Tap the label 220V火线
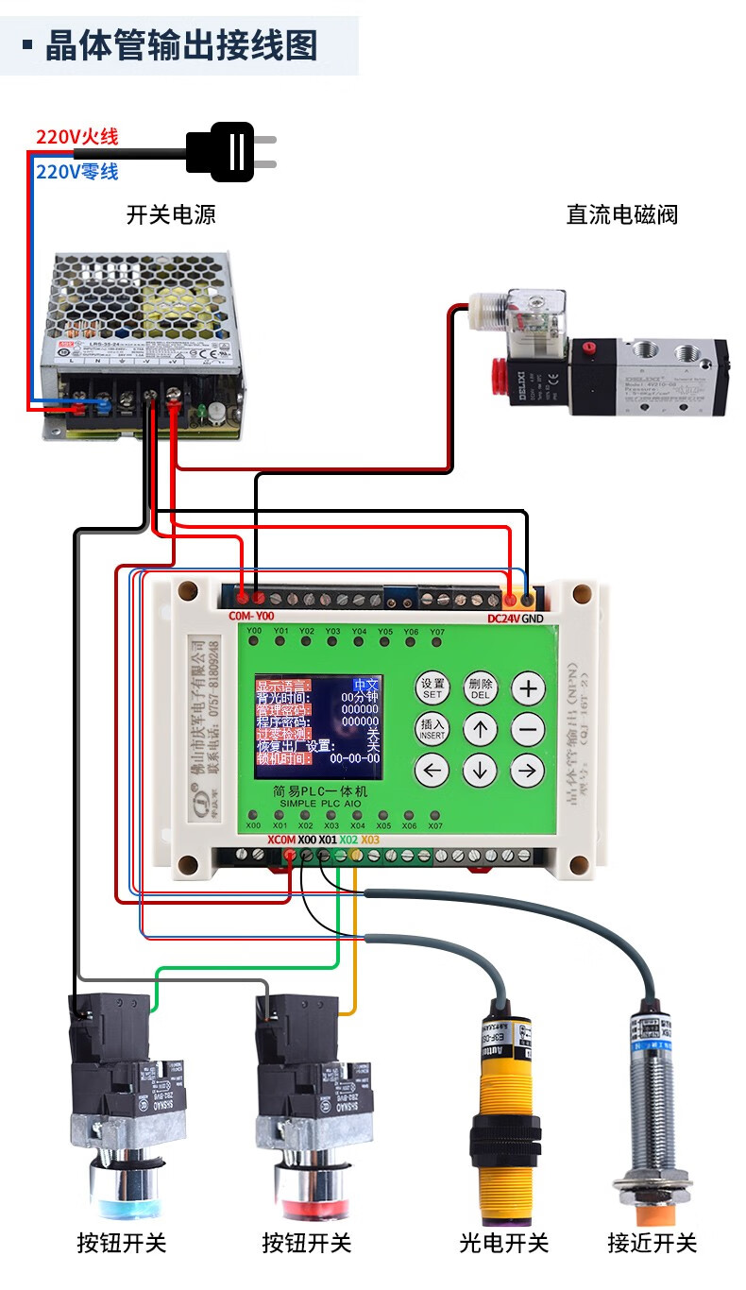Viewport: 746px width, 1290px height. click(x=77, y=137)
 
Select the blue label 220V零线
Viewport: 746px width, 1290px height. click(x=77, y=172)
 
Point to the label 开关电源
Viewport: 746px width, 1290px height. click(x=171, y=215)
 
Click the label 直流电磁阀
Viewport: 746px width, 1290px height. click(x=621, y=215)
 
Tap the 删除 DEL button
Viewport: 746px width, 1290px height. click(x=480, y=688)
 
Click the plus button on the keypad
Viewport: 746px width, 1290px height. click(x=528, y=688)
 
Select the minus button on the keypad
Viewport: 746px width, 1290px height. click(x=528, y=729)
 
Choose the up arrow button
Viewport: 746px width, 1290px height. click(x=480, y=729)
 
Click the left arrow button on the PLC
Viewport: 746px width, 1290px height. click(x=432, y=771)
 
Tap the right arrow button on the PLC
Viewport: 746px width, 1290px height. click(x=528, y=771)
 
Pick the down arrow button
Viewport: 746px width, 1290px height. click(x=480, y=771)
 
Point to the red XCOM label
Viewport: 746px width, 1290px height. click(x=281, y=840)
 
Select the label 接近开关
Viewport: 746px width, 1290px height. click(x=652, y=1243)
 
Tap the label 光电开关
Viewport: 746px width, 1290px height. click(x=503, y=1243)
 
